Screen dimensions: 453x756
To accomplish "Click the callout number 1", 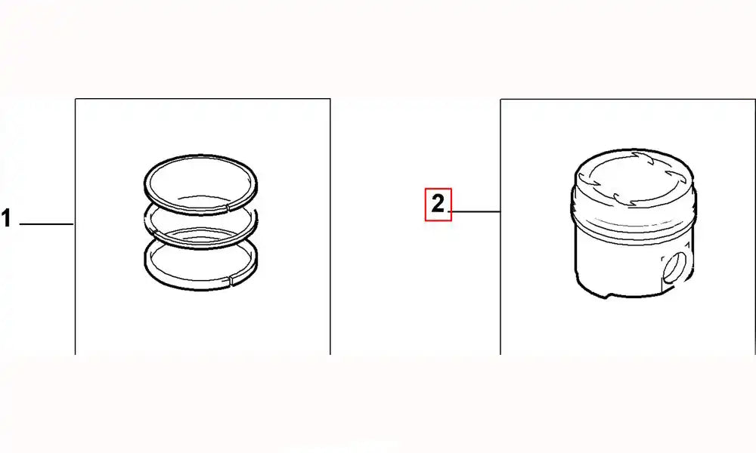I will pyautogui.click(x=6, y=220).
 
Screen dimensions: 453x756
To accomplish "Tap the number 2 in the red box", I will pyautogui.click(x=438, y=204).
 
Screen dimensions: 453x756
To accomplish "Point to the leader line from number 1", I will pyautogui.click(x=45, y=224).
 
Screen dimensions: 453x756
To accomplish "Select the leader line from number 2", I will pyautogui.click(x=475, y=212).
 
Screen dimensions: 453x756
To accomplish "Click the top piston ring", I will pyautogui.click(x=200, y=160).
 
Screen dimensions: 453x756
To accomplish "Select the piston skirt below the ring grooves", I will pyautogui.click(x=612, y=260).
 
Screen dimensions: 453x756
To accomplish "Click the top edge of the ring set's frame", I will pyautogui.click(x=202, y=98).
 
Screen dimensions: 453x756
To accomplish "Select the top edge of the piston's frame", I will pyautogui.click(x=627, y=98).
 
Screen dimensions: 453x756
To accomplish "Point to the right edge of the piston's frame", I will pyautogui.click(x=754, y=226).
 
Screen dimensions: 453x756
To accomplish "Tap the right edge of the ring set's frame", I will pyautogui.click(x=330, y=226).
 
